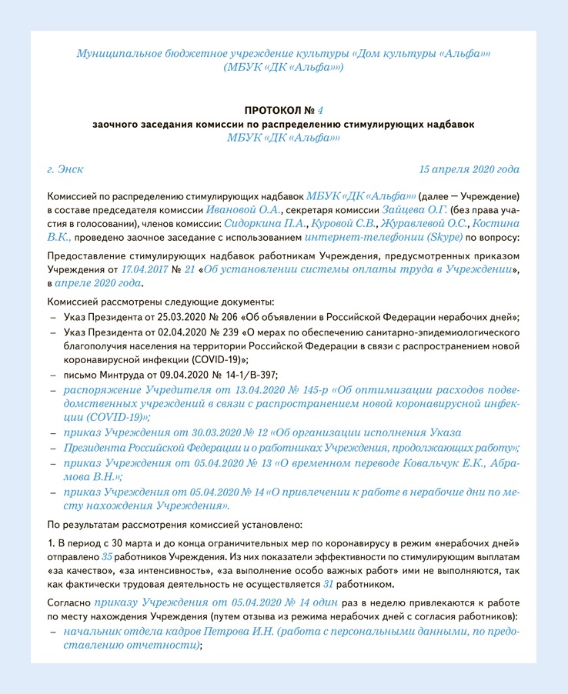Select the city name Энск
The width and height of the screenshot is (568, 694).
(71, 169)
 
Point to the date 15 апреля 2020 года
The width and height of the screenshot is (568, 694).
(469, 169)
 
